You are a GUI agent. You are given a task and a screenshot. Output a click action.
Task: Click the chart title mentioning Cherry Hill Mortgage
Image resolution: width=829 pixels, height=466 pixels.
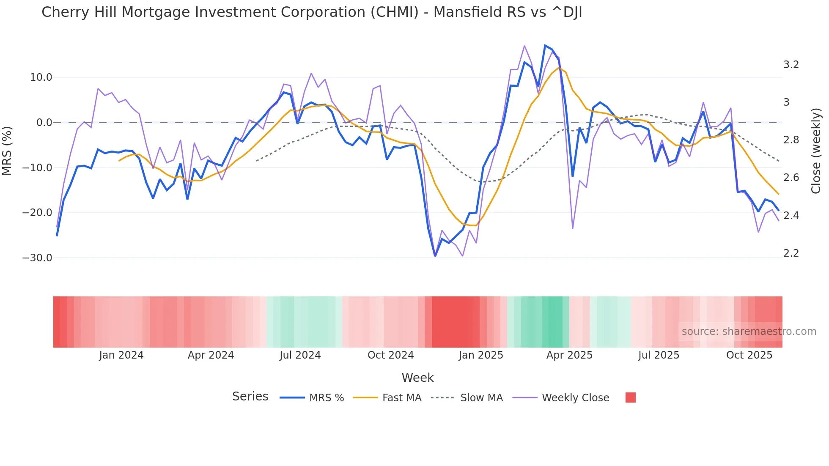(x=312, y=12)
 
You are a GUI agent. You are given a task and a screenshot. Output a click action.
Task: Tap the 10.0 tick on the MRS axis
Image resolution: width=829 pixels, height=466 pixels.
(x=41, y=77)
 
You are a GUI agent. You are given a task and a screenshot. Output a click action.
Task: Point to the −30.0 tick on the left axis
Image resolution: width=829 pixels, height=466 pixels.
(x=37, y=258)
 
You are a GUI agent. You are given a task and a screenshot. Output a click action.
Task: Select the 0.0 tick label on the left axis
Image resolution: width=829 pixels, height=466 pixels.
(x=44, y=123)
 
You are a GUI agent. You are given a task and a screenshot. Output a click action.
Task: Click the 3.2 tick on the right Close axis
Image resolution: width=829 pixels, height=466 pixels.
(x=791, y=65)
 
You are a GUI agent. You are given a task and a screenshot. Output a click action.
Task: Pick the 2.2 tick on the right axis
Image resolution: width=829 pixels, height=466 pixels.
(x=791, y=253)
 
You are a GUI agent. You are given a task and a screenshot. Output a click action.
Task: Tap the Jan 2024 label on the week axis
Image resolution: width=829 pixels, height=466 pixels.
(x=121, y=355)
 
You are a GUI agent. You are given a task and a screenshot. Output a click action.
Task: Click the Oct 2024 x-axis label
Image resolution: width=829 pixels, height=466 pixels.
(x=390, y=355)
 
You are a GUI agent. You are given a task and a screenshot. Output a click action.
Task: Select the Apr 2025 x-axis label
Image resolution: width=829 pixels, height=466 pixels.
(x=569, y=355)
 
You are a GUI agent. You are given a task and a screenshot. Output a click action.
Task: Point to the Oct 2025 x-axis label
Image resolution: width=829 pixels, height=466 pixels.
(x=749, y=355)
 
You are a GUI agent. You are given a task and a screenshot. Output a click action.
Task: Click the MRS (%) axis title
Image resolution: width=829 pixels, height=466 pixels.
(x=7, y=151)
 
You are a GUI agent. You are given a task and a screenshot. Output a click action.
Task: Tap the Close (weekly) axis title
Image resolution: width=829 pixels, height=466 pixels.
(x=816, y=151)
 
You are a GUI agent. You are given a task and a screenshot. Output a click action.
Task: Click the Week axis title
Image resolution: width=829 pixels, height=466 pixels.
(x=417, y=378)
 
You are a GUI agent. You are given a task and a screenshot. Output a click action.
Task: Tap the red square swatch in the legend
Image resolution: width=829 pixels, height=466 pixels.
(x=630, y=397)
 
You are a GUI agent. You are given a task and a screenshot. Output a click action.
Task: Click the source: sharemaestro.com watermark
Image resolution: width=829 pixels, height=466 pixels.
(x=749, y=332)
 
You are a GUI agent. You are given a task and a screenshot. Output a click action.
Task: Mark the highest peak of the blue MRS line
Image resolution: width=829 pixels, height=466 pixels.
(x=545, y=45)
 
